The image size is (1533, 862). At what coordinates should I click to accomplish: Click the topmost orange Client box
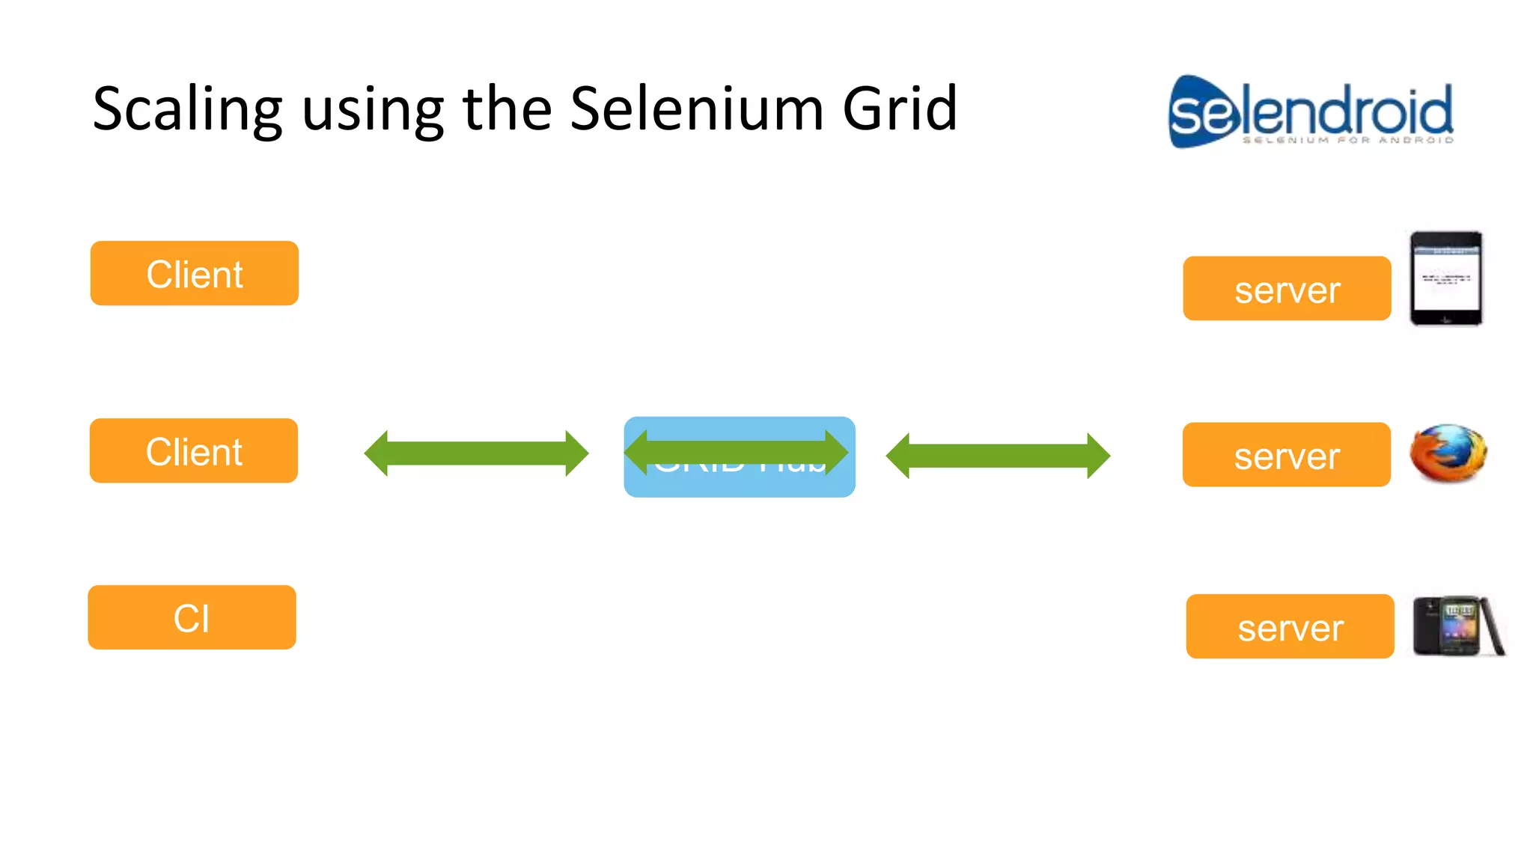tap(195, 273)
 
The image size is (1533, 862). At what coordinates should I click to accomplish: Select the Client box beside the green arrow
tap(194, 450)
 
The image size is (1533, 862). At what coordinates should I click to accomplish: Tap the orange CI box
tap(192, 617)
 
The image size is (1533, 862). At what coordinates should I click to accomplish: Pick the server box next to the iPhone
tap(1287, 289)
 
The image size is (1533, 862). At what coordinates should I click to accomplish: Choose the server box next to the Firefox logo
tap(1286, 455)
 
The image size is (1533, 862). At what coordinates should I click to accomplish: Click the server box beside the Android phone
tap(1290, 626)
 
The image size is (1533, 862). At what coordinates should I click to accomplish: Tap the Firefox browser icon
tap(1448, 453)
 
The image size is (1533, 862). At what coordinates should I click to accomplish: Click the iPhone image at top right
tap(1446, 278)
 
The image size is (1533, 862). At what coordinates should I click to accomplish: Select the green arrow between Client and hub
tap(476, 453)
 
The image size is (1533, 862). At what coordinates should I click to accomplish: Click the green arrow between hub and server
tap(998, 456)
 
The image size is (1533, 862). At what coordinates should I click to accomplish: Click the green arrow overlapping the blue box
tap(737, 452)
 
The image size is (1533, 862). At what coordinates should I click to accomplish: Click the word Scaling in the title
tap(187, 109)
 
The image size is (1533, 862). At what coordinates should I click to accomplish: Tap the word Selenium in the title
tap(696, 109)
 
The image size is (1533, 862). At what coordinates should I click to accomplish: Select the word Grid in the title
tap(900, 109)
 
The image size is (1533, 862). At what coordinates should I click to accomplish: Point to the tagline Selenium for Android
tap(1347, 140)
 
